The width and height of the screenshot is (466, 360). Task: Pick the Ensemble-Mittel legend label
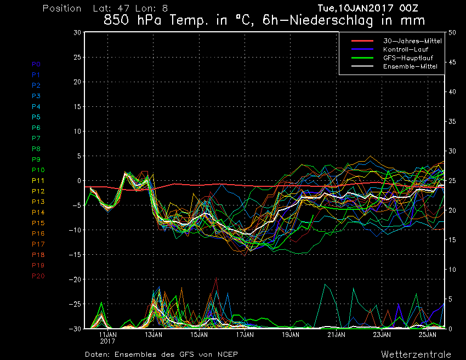(x=410, y=66)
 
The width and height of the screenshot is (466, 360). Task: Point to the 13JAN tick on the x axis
(x=153, y=334)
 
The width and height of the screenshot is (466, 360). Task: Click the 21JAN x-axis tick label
(x=336, y=334)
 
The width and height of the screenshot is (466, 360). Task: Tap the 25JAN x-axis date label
(x=428, y=334)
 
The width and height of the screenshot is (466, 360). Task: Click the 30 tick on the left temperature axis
(x=77, y=32)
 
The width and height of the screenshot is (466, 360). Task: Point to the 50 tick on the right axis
(x=452, y=32)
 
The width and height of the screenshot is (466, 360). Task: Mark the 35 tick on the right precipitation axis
(x=452, y=122)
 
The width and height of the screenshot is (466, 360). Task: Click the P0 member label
(x=36, y=64)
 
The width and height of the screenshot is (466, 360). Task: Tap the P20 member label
(x=38, y=276)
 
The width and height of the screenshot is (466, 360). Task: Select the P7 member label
(x=36, y=138)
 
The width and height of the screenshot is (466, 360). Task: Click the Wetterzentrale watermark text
(x=416, y=353)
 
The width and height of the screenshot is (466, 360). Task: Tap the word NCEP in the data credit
(x=226, y=354)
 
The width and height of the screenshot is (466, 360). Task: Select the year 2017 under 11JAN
(x=107, y=341)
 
